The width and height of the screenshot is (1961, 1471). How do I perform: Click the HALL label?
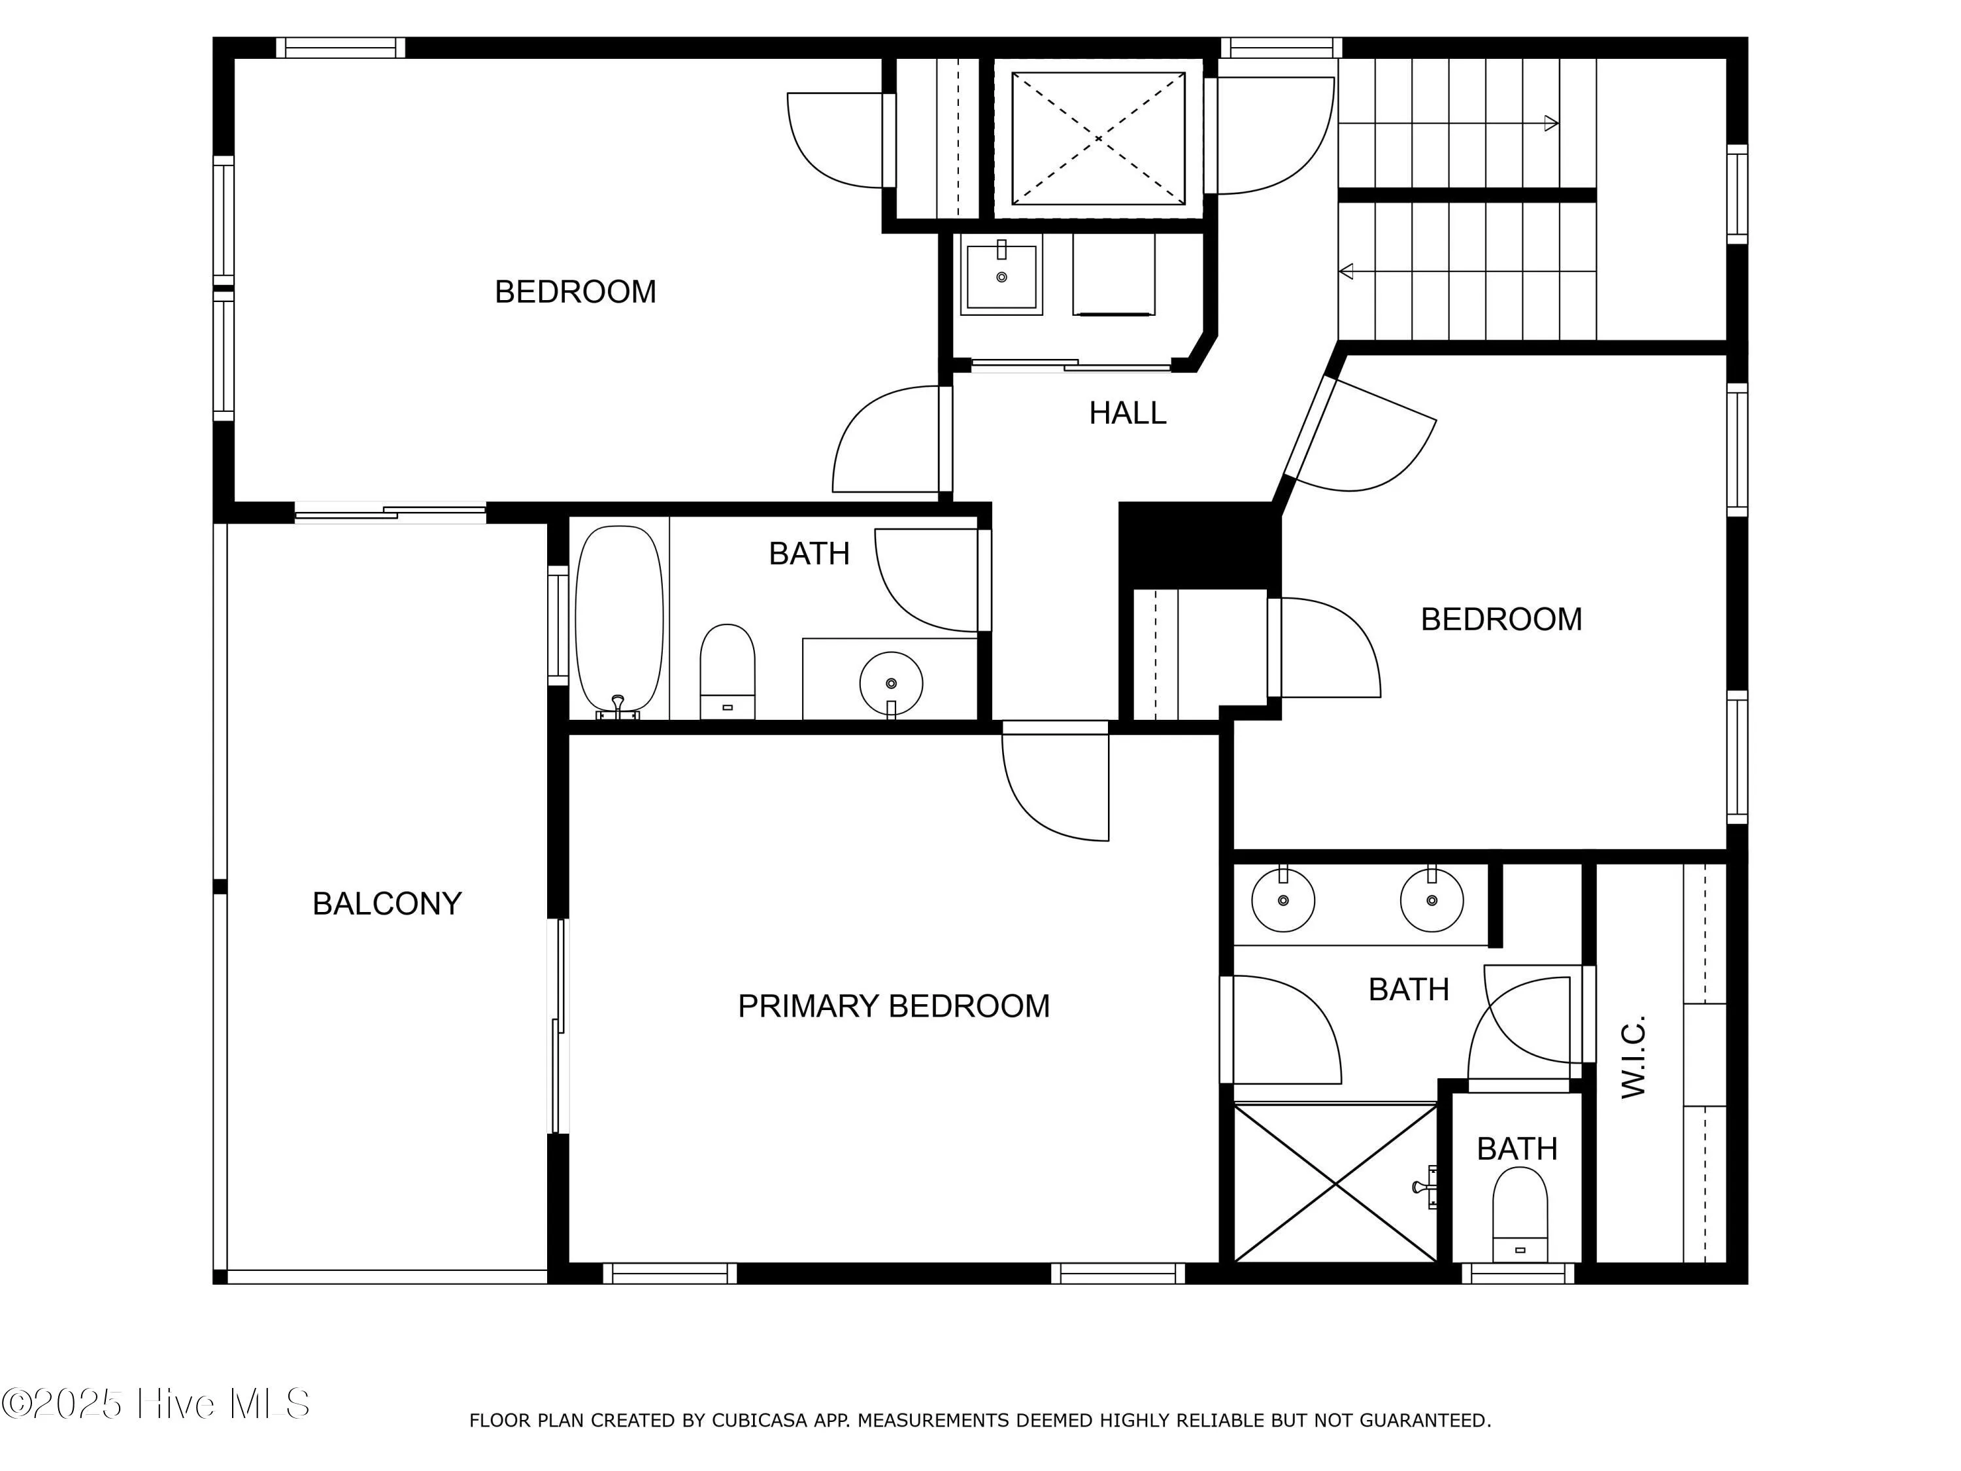pos(1127,413)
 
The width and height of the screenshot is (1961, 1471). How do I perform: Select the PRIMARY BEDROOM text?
pos(894,1006)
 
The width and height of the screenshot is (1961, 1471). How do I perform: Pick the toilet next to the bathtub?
pos(727,669)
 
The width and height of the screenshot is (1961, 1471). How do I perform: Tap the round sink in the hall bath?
pos(891,683)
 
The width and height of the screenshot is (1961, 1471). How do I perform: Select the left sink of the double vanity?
pos(1282,900)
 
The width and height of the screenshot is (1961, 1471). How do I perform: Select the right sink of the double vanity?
pos(1432,900)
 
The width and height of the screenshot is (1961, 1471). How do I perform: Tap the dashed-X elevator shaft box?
pos(1098,139)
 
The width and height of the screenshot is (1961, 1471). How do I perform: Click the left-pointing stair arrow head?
pos(1347,271)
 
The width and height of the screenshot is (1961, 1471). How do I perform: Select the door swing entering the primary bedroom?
pos(1055,785)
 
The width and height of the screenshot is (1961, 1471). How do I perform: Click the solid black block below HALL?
pos(1199,543)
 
